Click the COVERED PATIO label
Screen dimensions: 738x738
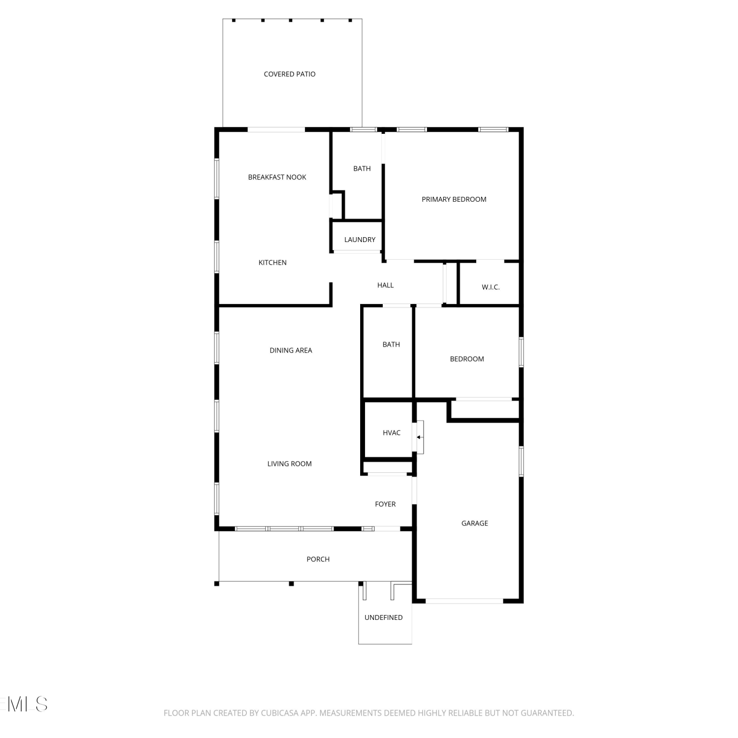coord(289,74)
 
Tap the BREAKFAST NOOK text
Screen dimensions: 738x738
coord(277,177)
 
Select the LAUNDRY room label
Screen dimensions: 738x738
coord(360,240)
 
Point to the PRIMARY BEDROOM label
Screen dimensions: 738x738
coord(454,199)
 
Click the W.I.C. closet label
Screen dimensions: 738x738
coord(491,287)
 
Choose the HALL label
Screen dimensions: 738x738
coord(385,285)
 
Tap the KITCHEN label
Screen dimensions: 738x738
coord(273,263)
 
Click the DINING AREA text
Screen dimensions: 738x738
coord(291,350)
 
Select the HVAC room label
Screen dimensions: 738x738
coord(392,433)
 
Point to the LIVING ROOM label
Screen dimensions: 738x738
coord(289,464)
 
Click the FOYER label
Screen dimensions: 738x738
coord(385,504)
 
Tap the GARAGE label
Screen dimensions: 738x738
coord(475,523)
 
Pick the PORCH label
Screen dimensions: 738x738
coord(318,559)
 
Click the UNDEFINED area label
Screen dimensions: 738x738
coord(383,617)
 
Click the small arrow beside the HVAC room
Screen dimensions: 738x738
coord(419,437)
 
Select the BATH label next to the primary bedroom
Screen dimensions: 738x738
coord(362,169)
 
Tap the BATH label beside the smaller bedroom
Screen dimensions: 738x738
coord(391,345)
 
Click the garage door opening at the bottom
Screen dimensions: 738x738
coord(464,601)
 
